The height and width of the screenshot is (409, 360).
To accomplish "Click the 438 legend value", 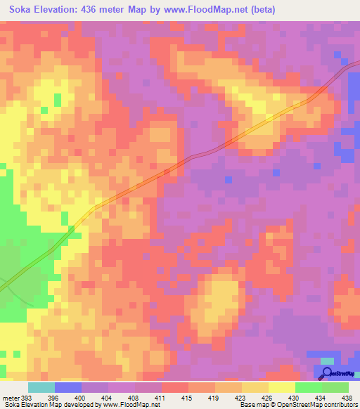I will click(x=347, y=397).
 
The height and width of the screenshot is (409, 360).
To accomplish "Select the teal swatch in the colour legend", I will click(x=41, y=387).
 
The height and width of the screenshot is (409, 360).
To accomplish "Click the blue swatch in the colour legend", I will click(x=68, y=387).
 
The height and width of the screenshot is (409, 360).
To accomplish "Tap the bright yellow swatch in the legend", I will click(x=281, y=387).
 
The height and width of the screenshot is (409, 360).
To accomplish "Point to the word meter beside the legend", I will click(x=11, y=397).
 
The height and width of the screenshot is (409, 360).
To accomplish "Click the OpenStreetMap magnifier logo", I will click(x=328, y=373).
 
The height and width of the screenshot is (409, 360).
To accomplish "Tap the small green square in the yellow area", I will click(x=44, y=110).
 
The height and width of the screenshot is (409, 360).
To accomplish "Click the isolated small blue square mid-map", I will click(x=228, y=180).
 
